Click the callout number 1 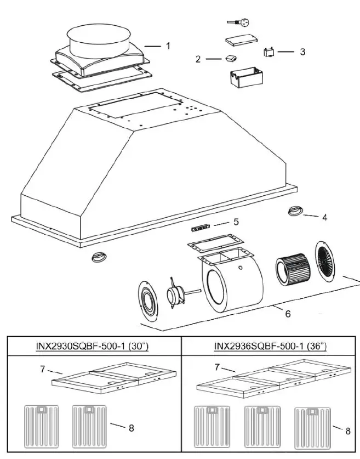click(168, 46)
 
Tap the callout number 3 click(302, 52)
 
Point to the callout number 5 click(236, 222)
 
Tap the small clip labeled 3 click(268, 53)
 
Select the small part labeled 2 click(230, 58)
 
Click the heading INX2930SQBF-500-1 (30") click(94, 346)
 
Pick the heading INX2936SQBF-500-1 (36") click(270, 346)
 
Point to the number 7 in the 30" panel click(42, 369)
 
